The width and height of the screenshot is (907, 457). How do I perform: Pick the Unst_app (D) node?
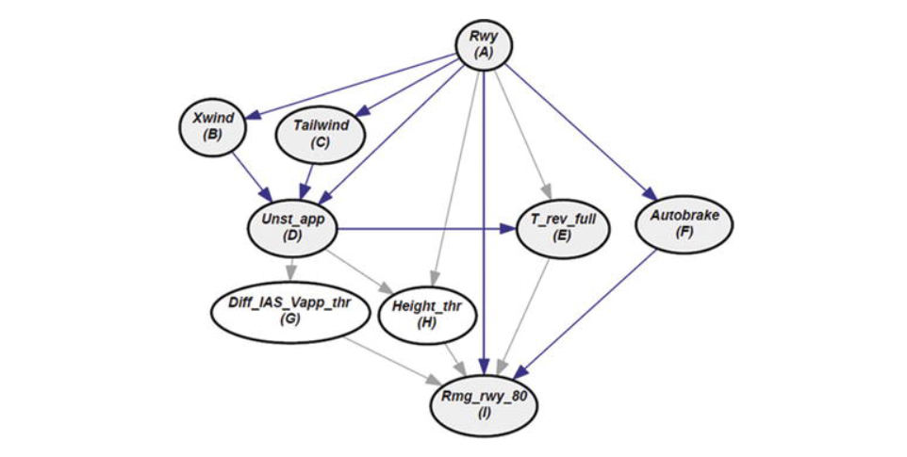coord(290,227)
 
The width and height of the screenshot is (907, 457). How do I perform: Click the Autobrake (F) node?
coord(684,222)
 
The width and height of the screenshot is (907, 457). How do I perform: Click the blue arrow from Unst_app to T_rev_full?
coord(424,227)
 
